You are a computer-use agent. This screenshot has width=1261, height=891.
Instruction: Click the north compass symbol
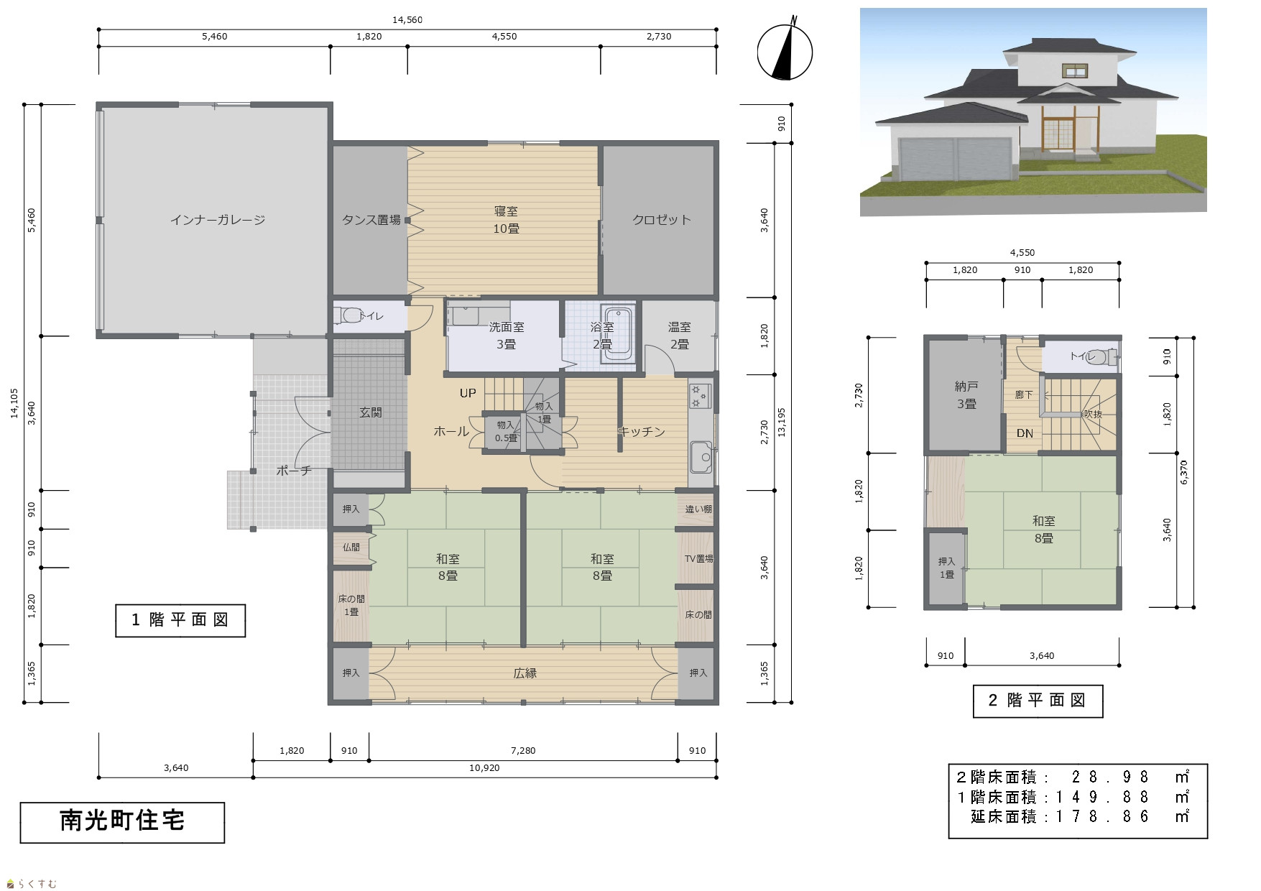[785, 51]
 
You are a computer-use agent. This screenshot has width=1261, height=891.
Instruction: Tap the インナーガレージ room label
[218, 220]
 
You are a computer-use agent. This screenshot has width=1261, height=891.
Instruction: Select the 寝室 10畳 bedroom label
[506, 220]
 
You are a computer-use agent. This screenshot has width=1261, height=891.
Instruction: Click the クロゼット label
[661, 220]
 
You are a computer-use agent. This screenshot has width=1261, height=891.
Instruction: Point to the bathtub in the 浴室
[617, 335]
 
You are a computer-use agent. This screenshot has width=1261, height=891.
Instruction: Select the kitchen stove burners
[699, 396]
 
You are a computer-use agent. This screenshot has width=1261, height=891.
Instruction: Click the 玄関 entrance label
[371, 412]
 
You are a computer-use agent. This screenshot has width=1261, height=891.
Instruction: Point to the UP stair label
[468, 393]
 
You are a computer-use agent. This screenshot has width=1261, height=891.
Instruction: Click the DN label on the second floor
[1025, 433]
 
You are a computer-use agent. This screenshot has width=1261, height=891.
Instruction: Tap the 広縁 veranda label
[525, 673]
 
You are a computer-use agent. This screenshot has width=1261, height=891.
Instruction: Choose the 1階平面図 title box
[180, 621]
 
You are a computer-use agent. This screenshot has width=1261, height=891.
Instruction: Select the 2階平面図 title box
[1038, 701]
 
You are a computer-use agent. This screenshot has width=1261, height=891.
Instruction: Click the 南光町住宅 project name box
[122, 822]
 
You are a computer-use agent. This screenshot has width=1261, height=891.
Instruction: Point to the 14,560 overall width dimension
[407, 20]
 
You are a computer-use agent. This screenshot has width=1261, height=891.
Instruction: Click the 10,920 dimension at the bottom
[484, 768]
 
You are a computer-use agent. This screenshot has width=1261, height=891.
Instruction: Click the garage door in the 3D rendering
[956, 159]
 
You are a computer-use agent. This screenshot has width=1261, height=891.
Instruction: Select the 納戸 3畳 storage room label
[966, 395]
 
